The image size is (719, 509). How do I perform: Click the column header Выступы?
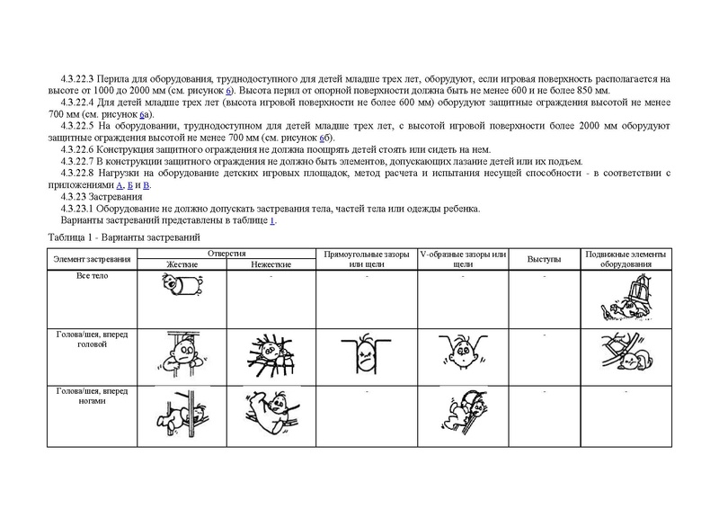coord(544,260)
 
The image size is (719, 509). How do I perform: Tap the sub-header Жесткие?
coord(182,265)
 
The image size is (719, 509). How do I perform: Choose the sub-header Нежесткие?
coord(270,265)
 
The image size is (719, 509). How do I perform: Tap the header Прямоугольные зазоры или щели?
coord(366,260)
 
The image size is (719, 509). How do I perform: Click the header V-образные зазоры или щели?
coord(464,260)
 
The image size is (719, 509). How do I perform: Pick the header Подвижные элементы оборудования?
coord(626,260)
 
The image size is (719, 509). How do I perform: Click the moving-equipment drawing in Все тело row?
coord(625,299)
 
